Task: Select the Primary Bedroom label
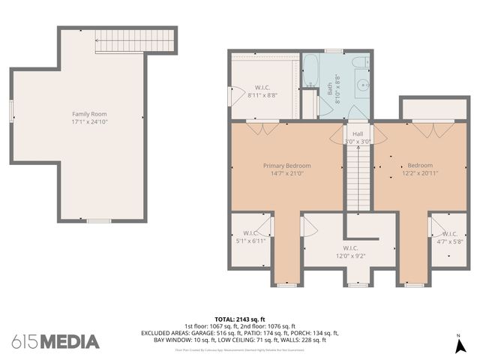[x=286, y=165]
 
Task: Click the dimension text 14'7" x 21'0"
[x=286, y=173]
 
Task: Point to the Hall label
[x=358, y=133]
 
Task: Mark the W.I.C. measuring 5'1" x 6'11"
[x=250, y=237]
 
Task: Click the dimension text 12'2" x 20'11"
[x=420, y=173]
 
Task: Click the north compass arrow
[x=458, y=345]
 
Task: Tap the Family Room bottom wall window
[x=99, y=220]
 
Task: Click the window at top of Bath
[x=334, y=51]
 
